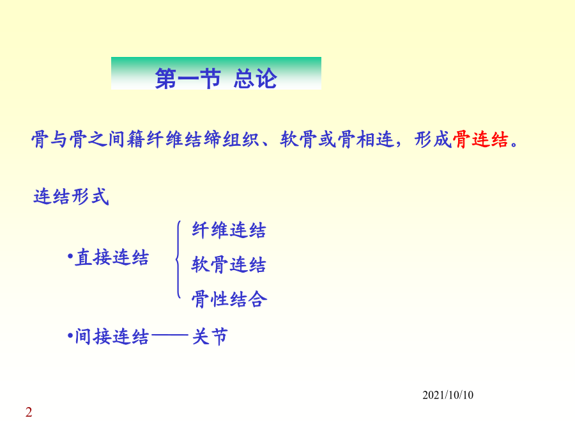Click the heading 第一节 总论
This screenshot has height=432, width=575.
coord(216,78)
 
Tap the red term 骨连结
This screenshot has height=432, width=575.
coord(480,140)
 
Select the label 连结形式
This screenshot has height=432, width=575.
coord(71,196)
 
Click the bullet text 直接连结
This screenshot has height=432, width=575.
coord(112,257)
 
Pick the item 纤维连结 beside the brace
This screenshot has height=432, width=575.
coord(229,230)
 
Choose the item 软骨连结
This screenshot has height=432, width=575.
coord(229,265)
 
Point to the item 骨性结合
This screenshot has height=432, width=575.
coord(229,299)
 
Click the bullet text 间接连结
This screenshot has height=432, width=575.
coord(112,337)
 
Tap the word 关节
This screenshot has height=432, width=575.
coord(210,337)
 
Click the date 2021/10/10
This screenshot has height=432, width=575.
coord(448,396)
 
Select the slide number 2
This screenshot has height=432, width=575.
coord(29,412)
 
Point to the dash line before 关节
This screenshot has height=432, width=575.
coord(169,335)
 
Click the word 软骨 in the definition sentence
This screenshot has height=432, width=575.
coord(298,140)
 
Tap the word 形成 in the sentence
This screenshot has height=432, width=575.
coord(433,140)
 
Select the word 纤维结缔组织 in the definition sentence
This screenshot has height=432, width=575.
coord(203,140)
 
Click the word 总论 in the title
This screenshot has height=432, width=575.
coord(256,78)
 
